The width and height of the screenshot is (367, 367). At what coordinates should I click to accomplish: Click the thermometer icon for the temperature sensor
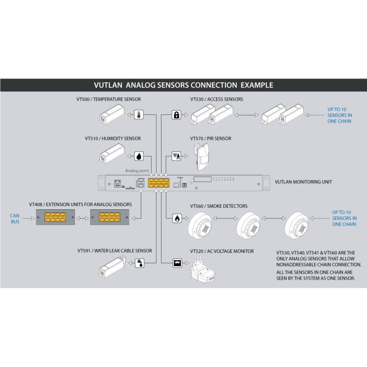(139, 115)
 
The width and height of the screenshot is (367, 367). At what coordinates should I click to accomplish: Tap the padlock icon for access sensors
(177, 115)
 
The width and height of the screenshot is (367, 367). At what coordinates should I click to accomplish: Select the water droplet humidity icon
(139, 156)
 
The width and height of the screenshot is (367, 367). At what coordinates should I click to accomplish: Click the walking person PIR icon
(177, 156)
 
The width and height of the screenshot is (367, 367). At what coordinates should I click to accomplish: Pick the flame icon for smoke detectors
(177, 218)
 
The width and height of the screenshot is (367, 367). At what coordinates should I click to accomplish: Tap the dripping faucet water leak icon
(140, 263)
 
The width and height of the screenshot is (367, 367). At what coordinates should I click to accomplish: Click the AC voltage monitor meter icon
(177, 263)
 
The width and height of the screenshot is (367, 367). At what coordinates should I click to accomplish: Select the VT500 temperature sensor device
(112, 114)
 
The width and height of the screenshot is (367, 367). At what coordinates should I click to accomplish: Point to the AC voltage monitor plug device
(203, 269)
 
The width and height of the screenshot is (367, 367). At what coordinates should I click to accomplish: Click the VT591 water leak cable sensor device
(112, 267)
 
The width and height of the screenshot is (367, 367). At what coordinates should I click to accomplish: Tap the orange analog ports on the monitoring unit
(159, 183)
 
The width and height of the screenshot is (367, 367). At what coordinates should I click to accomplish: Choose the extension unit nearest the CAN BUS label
(56, 217)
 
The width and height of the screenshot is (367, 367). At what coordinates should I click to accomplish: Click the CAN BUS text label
(15, 219)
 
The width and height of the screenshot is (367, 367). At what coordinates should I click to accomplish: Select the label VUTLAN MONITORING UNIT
(303, 182)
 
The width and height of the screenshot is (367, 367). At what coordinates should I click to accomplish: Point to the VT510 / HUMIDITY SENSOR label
(113, 139)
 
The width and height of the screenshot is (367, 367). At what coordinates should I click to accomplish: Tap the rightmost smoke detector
(296, 225)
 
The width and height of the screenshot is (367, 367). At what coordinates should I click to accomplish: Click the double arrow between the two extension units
(83, 218)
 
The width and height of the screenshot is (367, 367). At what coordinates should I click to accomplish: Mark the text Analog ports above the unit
(137, 171)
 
